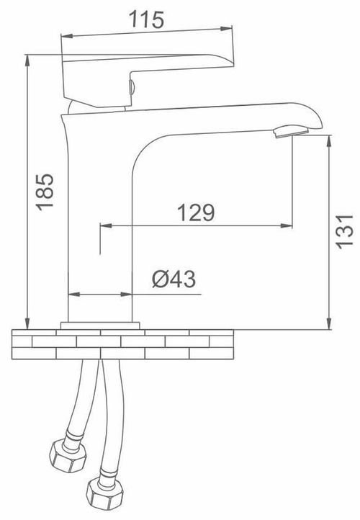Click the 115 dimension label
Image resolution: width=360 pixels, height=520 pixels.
tap(146, 19)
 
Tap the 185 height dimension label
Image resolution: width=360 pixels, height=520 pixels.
tap(45, 192)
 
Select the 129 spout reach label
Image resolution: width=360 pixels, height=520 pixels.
tap(196, 212)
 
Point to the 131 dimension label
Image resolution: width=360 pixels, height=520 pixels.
tap(344, 231)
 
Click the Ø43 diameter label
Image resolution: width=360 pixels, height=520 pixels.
tap(174, 279)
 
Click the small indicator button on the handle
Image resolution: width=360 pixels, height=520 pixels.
tap(131, 87)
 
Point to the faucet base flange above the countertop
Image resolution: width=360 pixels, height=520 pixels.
tap(100, 326)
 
